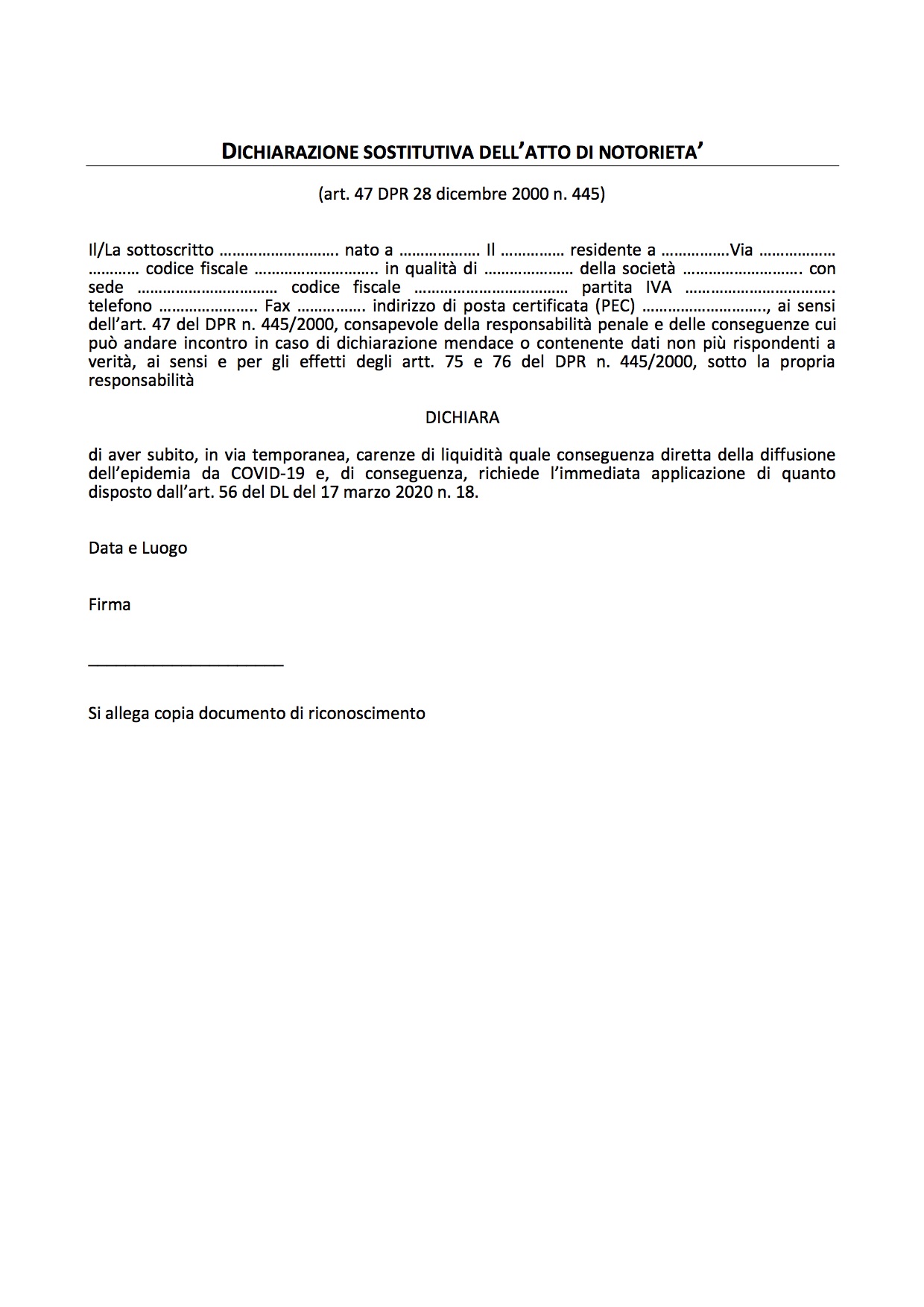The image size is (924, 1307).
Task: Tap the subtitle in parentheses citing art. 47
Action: pyautogui.click(x=462, y=194)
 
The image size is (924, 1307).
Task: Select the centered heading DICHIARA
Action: pyautogui.click(x=462, y=418)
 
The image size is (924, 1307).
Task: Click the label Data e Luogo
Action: pyautogui.click(x=138, y=548)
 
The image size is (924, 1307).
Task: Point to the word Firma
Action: pyautogui.click(x=110, y=605)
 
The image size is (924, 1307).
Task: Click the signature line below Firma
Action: pyautogui.click(x=186, y=664)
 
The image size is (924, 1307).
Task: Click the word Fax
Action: pyautogui.click(x=278, y=306)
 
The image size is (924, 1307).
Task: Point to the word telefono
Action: pyautogui.click(x=120, y=306)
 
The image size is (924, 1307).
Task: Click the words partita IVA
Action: pyautogui.click(x=627, y=288)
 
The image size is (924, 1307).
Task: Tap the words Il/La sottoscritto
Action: pyautogui.click(x=151, y=250)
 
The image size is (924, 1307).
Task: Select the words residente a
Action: pyautogui.click(x=613, y=250)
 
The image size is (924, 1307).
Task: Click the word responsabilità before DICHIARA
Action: pyautogui.click(x=141, y=381)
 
